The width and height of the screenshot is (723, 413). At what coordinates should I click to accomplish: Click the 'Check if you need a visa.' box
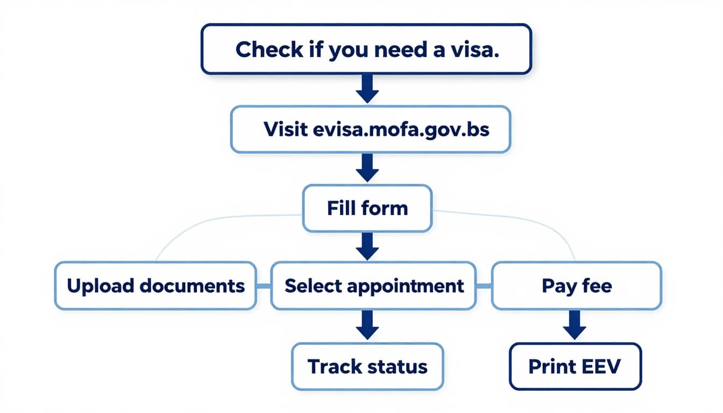[x=366, y=49]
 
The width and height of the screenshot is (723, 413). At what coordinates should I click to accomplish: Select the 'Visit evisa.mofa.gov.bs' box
[x=371, y=129]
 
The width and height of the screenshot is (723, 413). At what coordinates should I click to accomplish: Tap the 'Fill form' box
[x=367, y=208]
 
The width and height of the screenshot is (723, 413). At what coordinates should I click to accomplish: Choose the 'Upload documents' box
[x=155, y=286]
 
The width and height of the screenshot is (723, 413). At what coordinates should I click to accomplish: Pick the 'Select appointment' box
[x=374, y=286]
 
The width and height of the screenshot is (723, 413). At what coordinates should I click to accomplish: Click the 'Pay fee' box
[x=576, y=286]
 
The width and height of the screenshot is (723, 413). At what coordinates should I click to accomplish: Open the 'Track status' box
[x=367, y=367]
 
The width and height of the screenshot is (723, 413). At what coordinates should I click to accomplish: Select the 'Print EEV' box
[x=575, y=367]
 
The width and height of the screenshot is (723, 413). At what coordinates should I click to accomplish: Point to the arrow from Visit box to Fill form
[x=367, y=167]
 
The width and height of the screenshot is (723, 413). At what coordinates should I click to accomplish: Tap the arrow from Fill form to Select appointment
[x=367, y=246]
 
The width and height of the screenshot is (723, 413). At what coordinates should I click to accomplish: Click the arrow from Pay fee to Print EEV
[x=574, y=326]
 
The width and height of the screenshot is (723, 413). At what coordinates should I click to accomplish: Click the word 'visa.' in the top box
[x=474, y=49]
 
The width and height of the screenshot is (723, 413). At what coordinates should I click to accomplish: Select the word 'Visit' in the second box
[x=286, y=130]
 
